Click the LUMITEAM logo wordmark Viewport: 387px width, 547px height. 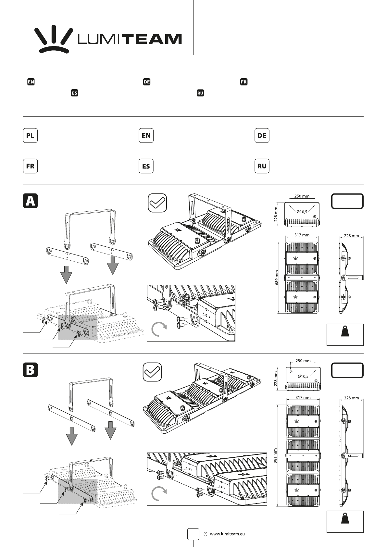tap(130, 39)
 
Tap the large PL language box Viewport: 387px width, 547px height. tap(30, 135)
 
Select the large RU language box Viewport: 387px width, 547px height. tap(262, 166)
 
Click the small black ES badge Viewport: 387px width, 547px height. tap(74, 93)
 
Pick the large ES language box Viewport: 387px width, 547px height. tap(146, 166)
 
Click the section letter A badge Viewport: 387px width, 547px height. tap(30, 201)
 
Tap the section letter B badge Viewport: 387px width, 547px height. tap(30, 370)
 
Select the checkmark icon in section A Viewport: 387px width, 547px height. tap(157, 203)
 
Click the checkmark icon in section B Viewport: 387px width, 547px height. tap(152, 372)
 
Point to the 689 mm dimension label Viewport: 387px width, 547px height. tap(277, 278)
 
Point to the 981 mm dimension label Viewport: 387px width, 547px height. tap(276, 456)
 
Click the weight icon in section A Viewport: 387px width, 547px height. tap(345, 331)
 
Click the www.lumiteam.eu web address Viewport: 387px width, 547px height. tap(227, 534)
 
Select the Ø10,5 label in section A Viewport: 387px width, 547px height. tap(302, 212)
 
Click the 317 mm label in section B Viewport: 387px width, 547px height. tap(303, 397)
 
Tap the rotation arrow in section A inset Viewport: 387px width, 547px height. tap(159, 329)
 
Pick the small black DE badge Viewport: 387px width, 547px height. tap(147, 82)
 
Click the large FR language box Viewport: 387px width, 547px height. tap(30, 166)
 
